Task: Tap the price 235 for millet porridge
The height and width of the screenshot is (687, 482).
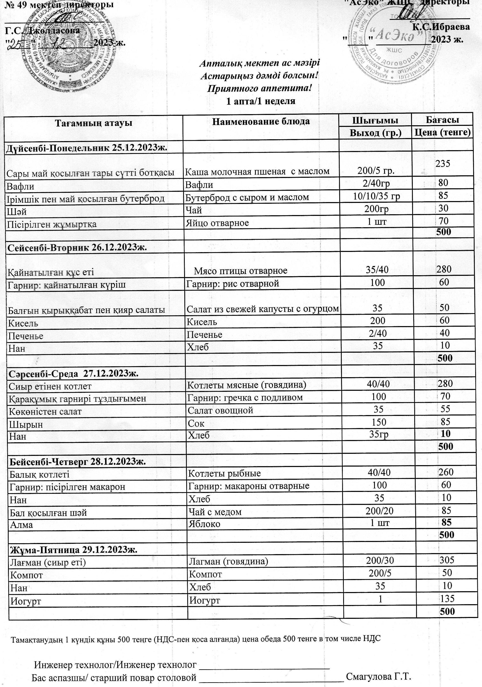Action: [x=443, y=164]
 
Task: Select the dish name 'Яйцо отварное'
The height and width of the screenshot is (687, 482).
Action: [x=217, y=223]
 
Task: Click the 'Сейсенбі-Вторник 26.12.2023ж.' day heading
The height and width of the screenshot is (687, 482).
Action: [x=77, y=248]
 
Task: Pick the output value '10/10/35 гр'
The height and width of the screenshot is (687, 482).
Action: [x=376, y=196]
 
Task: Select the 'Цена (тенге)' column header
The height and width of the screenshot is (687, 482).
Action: [x=442, y=132]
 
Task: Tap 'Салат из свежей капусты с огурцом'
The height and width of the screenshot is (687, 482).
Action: [x=262, y=309]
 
